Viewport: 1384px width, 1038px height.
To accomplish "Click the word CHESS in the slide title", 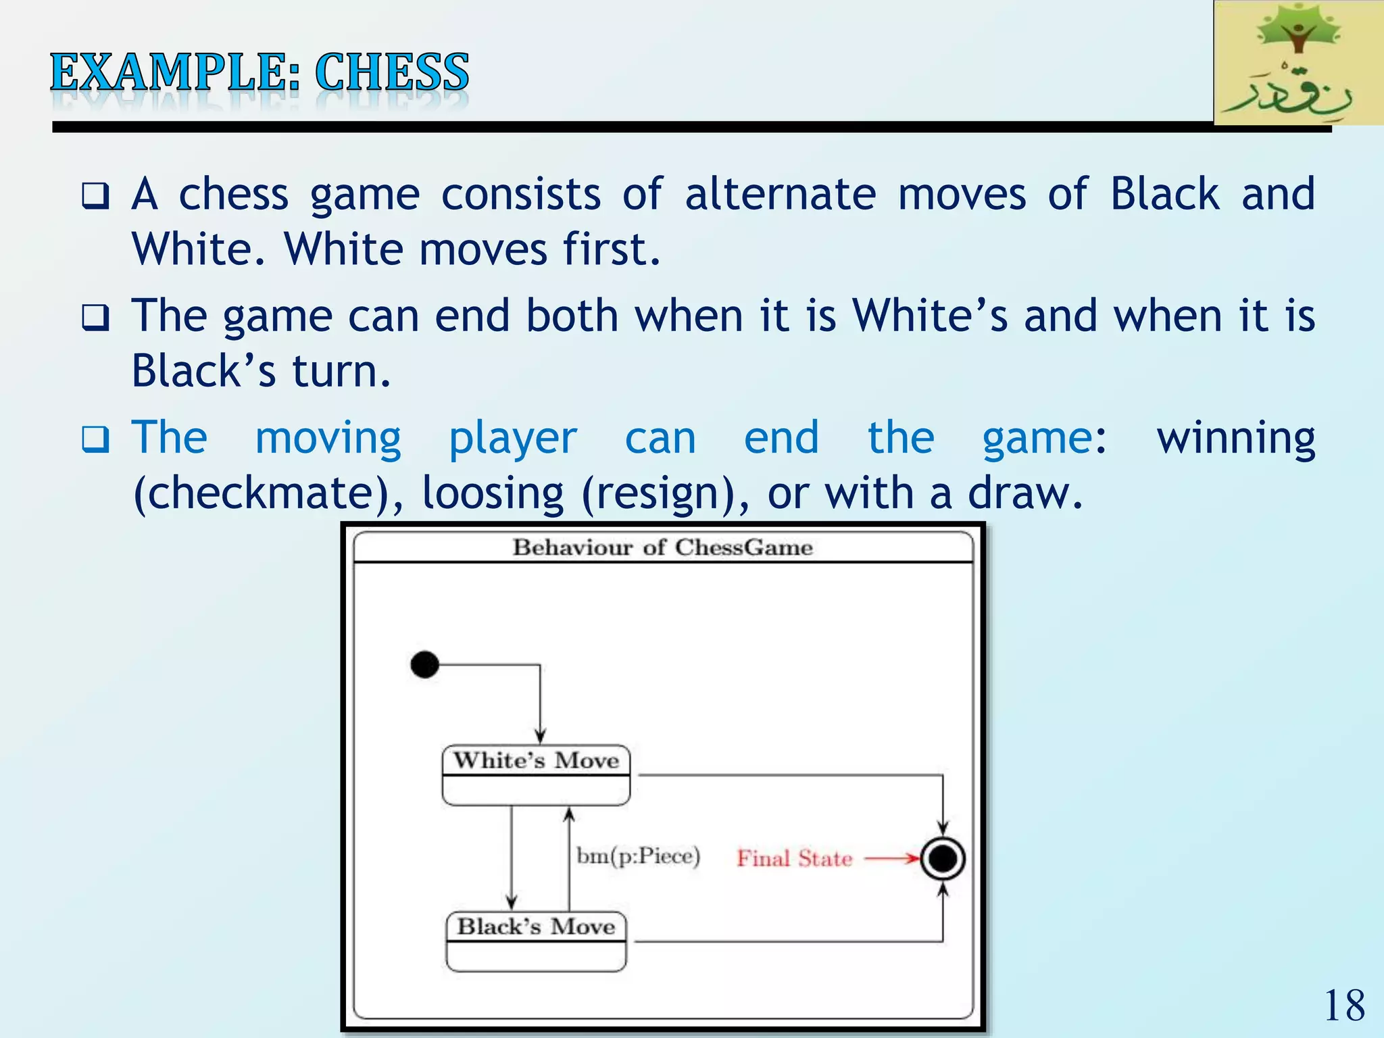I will point(391,72).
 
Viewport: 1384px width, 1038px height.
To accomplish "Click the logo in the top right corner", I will point(1297,63).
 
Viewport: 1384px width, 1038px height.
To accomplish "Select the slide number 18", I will point(1344,1005).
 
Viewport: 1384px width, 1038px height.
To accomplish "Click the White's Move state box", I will point(536,775).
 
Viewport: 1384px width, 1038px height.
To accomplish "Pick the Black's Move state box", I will point(536,941).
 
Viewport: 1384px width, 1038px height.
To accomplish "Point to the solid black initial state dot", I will point(424,664).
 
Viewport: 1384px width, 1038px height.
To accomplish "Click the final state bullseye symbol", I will point(943,858).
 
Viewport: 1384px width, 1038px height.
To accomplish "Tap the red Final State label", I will point(794,858).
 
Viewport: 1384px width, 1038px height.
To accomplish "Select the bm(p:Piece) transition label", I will point(638,856).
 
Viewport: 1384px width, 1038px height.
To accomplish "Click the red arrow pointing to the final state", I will point(892,858).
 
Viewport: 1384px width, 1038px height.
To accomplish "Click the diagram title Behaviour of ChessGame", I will point(662,547).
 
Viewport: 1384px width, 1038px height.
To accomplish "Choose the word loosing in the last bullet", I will point(493,493).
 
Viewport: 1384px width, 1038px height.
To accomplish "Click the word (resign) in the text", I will point(666,493).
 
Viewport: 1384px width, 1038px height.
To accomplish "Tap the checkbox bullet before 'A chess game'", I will point(95,197).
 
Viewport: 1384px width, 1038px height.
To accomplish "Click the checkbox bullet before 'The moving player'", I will point(95,440).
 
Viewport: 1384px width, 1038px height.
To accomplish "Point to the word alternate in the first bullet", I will point(781,195).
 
